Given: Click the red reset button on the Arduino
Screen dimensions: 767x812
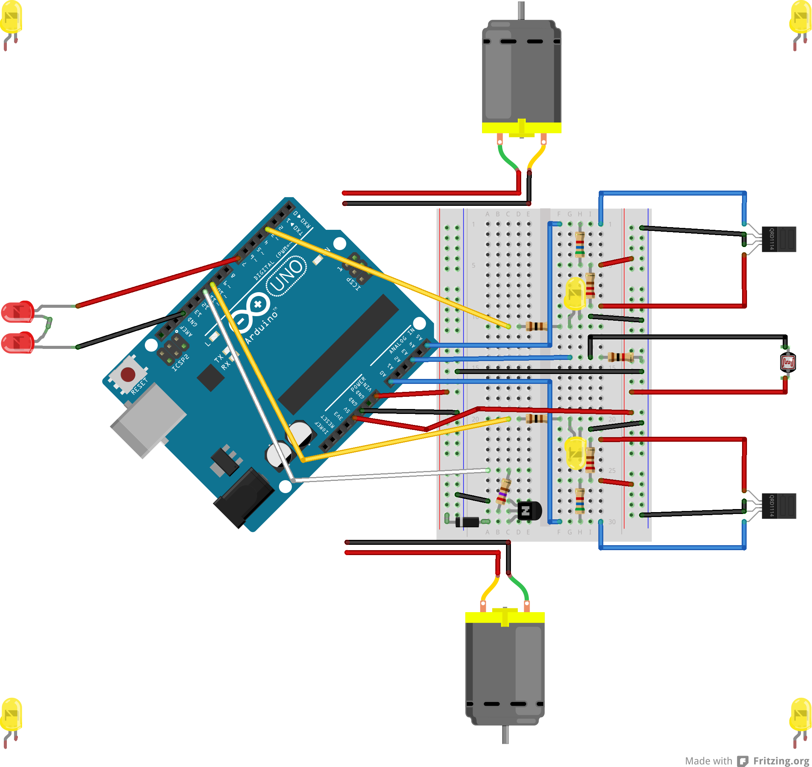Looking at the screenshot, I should (128, 374).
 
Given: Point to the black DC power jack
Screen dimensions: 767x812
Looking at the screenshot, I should (244, 498).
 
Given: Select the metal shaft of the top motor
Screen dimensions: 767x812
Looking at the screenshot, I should (521, 10).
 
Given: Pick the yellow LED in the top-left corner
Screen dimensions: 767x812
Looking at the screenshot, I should (11, 18).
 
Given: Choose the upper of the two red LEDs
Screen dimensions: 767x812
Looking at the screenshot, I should (17, 312).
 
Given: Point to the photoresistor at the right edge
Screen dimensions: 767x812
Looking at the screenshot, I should (788, 362).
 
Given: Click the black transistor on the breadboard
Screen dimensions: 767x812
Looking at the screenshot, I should (529, 511).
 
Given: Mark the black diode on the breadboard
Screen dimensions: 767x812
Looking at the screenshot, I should (467, 522).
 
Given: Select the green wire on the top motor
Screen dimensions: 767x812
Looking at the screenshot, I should (506, 158).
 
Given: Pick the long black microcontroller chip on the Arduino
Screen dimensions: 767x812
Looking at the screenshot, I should (338, 354).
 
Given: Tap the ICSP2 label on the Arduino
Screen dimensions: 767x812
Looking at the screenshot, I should (180, 363).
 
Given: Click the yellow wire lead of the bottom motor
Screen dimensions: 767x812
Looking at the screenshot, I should (489, 588).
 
